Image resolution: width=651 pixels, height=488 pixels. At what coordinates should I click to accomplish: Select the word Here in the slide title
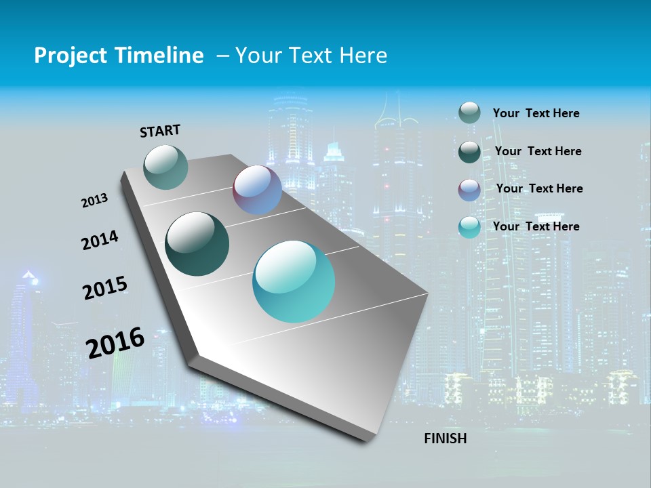(x=363, y=56)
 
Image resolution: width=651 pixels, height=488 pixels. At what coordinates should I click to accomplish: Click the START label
(x=160, y=131)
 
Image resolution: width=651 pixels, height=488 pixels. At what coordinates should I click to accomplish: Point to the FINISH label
(x=445, y=439)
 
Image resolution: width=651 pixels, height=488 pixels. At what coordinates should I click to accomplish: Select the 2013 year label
(x=94, y=201)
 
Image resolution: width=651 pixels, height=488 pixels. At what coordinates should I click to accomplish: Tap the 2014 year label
(x=100, y=241)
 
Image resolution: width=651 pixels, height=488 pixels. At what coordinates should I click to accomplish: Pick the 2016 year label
(x=115, y=343)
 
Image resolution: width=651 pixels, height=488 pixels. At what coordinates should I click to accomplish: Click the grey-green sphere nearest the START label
(x=165, y=167)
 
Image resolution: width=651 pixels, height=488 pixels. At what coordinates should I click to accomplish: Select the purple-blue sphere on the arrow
(x=257, y=190)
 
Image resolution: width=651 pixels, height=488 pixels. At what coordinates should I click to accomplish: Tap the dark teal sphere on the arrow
(x=197, y=244)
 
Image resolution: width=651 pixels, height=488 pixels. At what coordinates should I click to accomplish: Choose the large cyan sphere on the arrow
(x=294, y=281)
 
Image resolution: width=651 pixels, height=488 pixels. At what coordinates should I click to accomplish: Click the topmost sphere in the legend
(x=469, y=113)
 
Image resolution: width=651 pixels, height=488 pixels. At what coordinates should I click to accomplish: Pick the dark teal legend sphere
(x=469, y=152)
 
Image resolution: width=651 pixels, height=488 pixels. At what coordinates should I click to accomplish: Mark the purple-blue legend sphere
(x=469, y=190)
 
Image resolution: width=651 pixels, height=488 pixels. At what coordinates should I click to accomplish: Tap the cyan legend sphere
(x=469, y=227)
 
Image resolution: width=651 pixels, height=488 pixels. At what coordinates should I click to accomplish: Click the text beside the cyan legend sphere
(x=536, y=226)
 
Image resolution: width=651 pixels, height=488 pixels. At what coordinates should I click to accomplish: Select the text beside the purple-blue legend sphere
(x=539, y=188)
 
